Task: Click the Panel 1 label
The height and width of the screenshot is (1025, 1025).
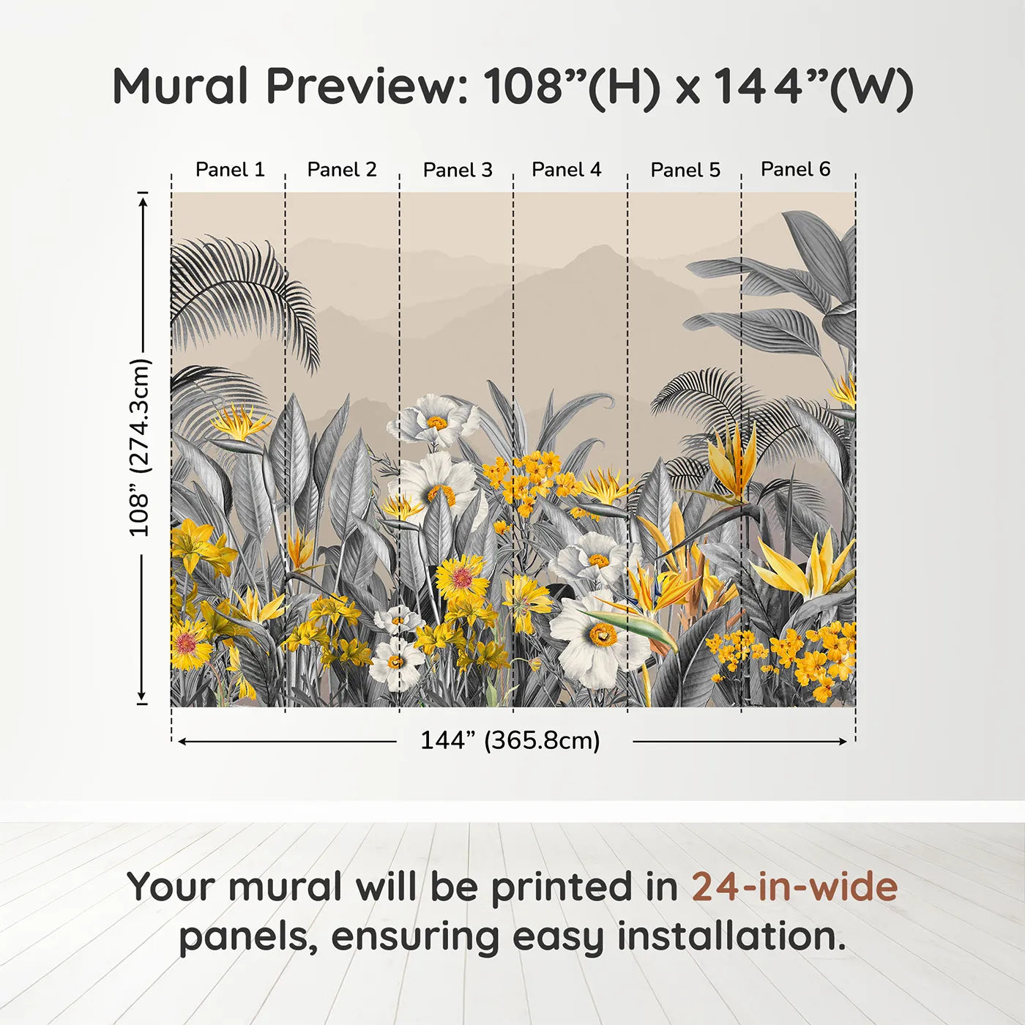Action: (x=230, y=169)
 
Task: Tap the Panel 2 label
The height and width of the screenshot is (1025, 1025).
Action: (x=341, y=169)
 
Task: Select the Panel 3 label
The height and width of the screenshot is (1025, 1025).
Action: (x=458, y=170)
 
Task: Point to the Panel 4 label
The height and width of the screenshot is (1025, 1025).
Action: (x=566, y=169)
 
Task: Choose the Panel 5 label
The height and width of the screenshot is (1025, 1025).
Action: (x=685, y=170)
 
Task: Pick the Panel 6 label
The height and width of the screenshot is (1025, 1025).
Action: (x=795, y=168)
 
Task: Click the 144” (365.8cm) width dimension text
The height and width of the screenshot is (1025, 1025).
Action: (x=510, y=740)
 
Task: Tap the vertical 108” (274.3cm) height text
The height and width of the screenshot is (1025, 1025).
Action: (x=140, y=447)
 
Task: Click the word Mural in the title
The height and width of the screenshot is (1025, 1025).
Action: (x=182, y=86)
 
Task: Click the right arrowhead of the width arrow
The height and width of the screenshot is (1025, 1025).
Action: (x=842, y=742)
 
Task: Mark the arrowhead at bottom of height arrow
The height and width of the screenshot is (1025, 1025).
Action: (x=141, y=697)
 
